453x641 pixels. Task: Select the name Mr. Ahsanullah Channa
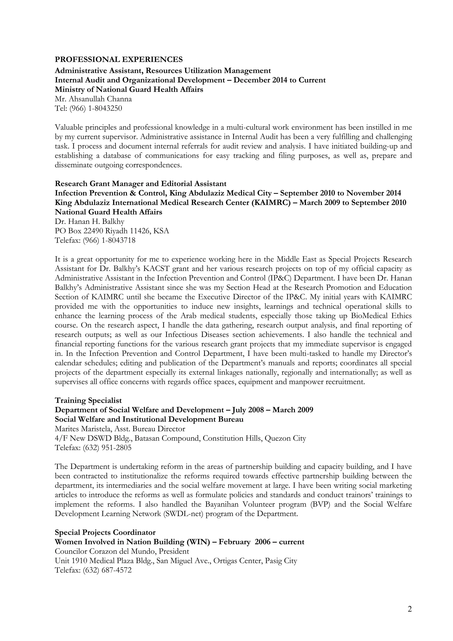tap(93, 99)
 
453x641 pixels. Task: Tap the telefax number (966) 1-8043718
tap(109, 240)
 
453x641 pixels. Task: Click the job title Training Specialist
tap(88, 400)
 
